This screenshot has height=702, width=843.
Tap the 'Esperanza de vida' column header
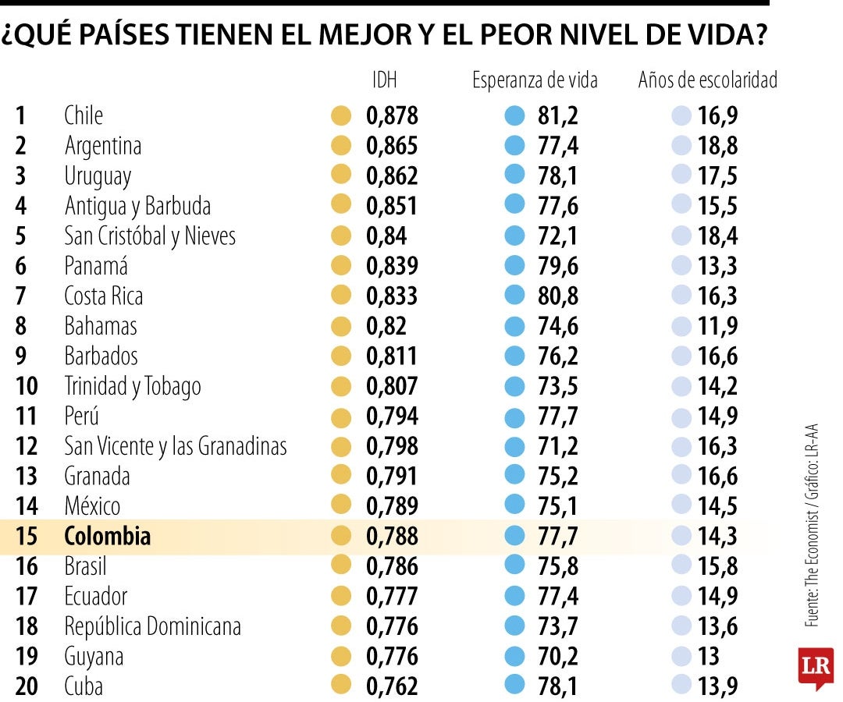point(535,80)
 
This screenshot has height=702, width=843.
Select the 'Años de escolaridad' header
point(707,80)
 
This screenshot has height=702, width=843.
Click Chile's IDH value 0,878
point(392,116)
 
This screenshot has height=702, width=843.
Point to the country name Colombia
point(107,537)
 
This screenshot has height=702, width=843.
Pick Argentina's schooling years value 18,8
point(717,146)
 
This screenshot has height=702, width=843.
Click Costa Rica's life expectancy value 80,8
point(558,296)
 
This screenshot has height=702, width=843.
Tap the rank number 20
point(26,686)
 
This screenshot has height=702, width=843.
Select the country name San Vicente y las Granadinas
point(176,446)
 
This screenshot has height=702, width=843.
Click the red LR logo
point(815,668)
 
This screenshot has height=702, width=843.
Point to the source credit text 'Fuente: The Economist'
point(813,569)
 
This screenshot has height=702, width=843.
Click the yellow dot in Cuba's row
point(340,686)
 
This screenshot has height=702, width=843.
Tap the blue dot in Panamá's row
point(514,266)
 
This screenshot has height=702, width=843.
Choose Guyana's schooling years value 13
point(709,656)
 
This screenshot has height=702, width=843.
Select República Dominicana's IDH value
point(392,626)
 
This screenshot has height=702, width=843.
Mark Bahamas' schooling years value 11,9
point(717,326)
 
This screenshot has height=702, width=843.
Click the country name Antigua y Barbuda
point(137,206)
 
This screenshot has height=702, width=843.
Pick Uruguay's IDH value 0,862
point(392,176)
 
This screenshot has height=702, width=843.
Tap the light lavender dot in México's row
point(681,506)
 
